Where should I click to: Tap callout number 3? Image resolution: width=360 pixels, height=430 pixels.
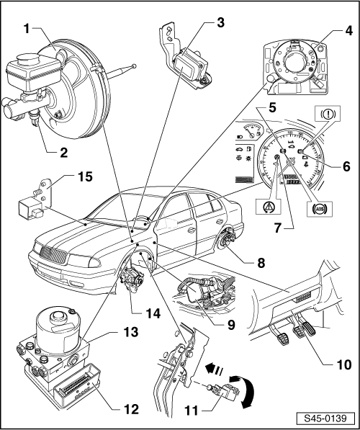coord(220,22)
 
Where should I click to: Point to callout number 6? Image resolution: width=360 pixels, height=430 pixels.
coord(346,165)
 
